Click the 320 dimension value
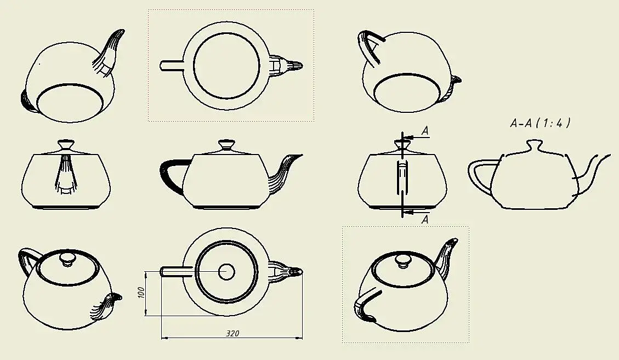(232, 334)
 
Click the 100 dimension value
(141, 293)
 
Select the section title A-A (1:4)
(540, 123)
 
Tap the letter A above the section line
(425, 130)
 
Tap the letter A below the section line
(425, 220)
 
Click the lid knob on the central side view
(226, 145)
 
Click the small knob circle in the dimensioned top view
(226, 272)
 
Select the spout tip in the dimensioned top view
(297, 272)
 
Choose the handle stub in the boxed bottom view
(172, 65)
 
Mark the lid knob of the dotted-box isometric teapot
(404, 261)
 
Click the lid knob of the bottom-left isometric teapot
(67, 260)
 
